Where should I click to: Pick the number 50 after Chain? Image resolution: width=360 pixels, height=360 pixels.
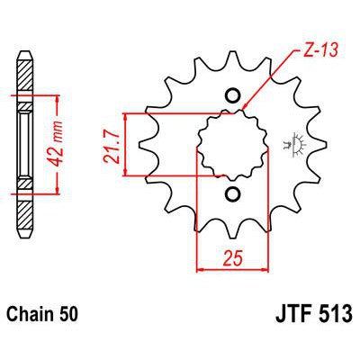pos(71,318)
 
